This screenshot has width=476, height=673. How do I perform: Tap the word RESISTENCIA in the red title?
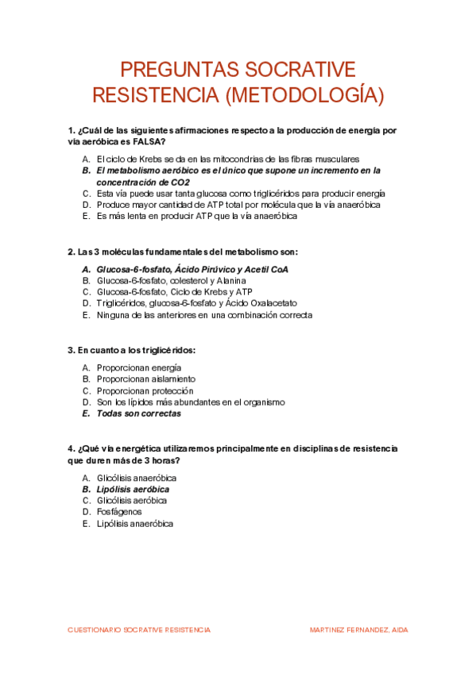click(x=156, y=95)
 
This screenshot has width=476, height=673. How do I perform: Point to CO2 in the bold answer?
click(x=178, y=182)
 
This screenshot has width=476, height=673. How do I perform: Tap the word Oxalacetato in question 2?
click(x=269, y=302)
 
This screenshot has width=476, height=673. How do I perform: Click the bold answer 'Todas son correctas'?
click(x=138, y=413)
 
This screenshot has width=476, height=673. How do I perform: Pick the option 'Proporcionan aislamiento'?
click(x=145, y=379)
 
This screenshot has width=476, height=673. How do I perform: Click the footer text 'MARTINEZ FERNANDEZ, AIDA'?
click(x=358, y=629)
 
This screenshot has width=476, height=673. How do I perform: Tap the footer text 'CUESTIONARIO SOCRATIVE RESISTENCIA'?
click(x=139, y=629)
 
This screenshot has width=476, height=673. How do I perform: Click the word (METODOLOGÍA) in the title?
click(x=304, y=95)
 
